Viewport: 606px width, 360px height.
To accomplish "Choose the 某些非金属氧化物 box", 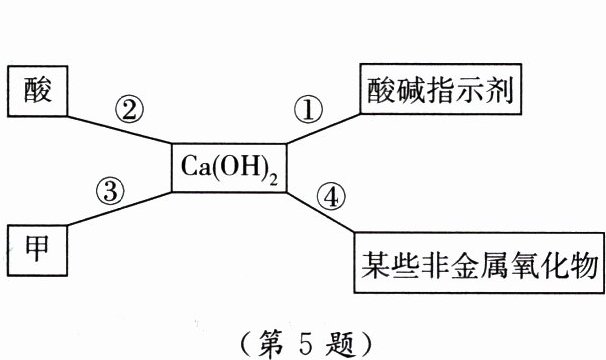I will pyautogui.click(x=478, y=265).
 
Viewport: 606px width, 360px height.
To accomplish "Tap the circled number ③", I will pyautogui.click(x=110, y=190).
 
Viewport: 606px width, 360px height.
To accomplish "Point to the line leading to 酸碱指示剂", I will pyautogui.click(x=320, y=128).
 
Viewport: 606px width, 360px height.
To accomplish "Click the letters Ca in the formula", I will pyautogui.click(x=193, y=166).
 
